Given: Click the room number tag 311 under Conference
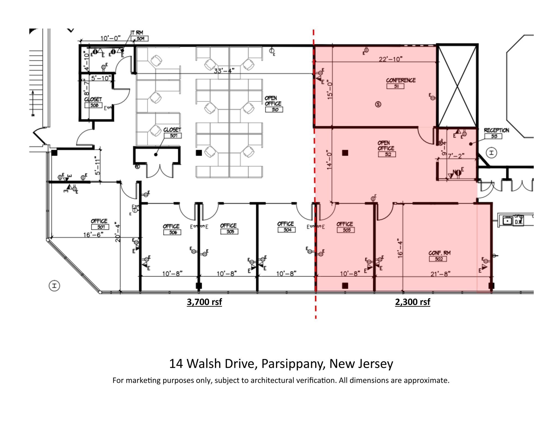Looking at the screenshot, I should coord(395,86).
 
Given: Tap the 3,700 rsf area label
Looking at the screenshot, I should coord(204,302).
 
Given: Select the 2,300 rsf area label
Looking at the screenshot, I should coord(413,302).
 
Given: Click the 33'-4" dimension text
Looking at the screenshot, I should coord(224,71).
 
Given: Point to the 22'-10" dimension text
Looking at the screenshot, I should coord(390,59).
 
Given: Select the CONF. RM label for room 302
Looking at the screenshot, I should coord(439,253).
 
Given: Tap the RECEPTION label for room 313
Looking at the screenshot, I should coord(496,130).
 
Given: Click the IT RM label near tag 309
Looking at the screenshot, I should coord(137,33).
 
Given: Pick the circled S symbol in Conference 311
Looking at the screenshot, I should coord(378,104).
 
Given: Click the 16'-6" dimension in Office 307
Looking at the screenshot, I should coord(93,235).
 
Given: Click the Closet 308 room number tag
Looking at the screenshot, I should coord(93,105).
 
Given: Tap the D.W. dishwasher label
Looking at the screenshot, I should coord(518,222).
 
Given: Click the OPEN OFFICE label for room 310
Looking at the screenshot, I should coord(273,101).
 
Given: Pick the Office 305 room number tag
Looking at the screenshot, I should coord(229,231).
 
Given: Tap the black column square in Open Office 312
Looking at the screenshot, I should coord(345,153).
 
